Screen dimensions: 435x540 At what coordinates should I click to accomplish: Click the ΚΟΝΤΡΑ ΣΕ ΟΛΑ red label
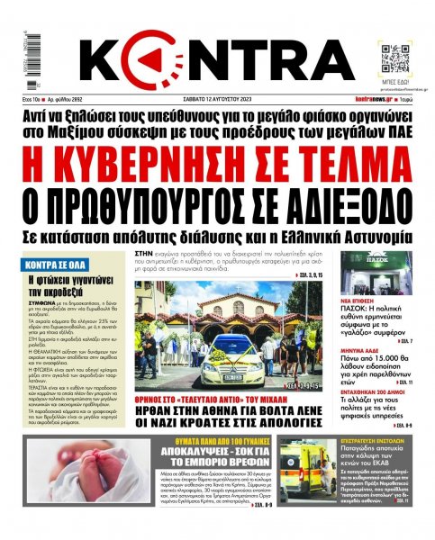(55, 243)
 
